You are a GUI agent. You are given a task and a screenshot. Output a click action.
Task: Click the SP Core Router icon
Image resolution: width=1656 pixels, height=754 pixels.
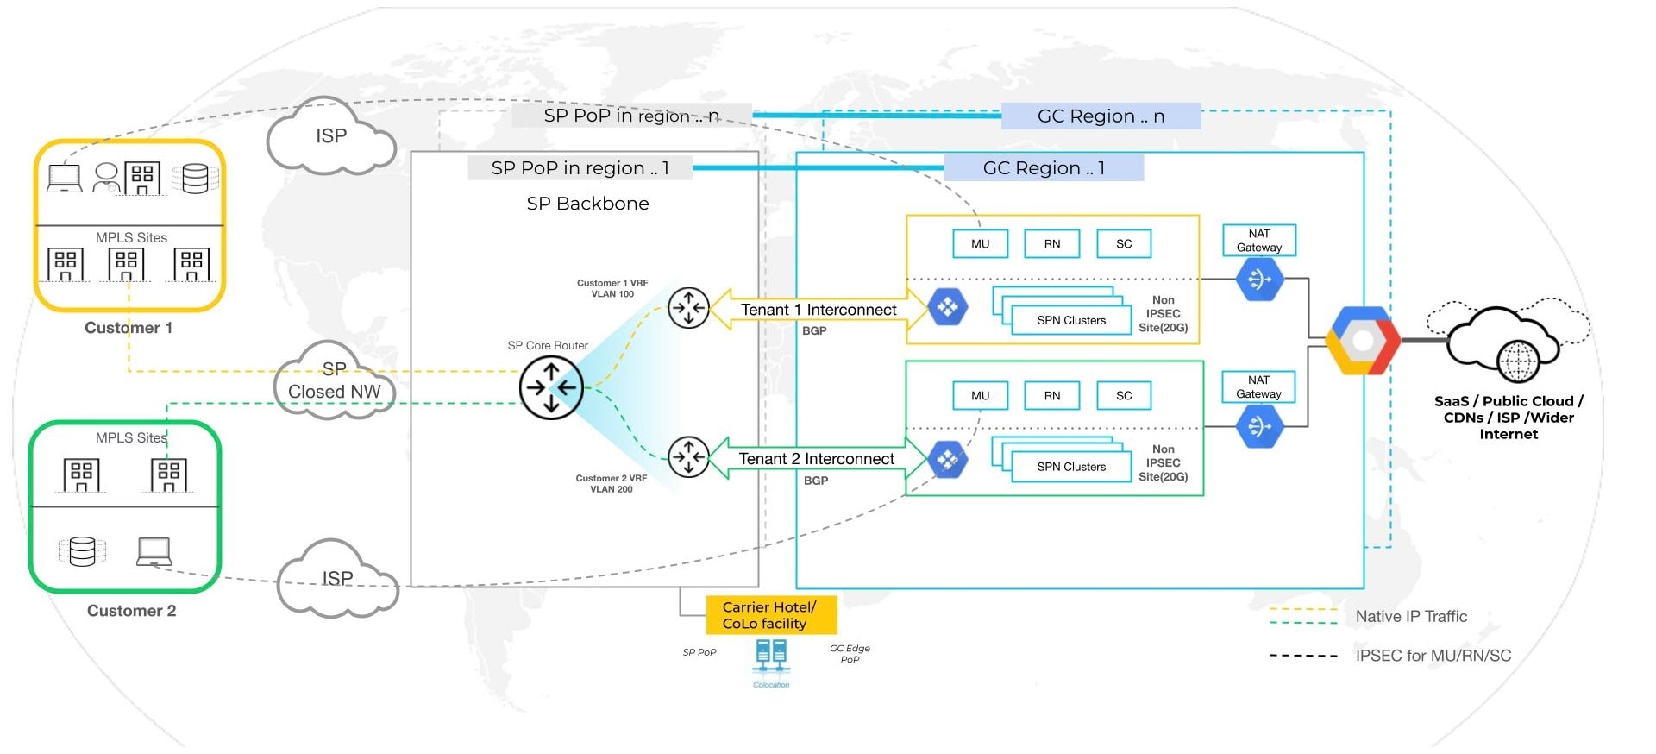coord(551,388)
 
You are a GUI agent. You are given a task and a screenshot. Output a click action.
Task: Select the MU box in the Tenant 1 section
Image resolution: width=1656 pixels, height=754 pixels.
coord(980,244)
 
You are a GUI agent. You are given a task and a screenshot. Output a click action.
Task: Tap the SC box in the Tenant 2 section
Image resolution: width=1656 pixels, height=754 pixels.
coord(1124,396)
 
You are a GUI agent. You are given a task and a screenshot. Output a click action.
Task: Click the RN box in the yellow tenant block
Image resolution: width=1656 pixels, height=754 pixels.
coord(1052,244)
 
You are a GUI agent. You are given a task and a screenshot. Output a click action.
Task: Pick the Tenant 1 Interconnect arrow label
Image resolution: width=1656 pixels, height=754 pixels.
coord(818,310)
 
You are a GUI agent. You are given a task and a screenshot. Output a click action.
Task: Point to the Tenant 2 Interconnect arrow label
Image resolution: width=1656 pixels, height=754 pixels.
coord(817,459)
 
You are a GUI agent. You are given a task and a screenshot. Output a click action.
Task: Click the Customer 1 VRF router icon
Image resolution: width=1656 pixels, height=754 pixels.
coord(688,308)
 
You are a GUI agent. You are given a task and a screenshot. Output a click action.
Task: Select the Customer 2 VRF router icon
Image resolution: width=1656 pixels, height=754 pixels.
coord(688,457)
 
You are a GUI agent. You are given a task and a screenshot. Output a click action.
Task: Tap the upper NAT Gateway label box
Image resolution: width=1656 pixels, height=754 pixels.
coord(1259,241)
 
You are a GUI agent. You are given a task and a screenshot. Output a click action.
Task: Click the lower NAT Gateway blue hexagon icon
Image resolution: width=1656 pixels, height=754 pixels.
coord(1259,426)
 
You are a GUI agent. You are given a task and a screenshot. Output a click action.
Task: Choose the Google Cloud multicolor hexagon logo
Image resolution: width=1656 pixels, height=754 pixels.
coord(1363,341)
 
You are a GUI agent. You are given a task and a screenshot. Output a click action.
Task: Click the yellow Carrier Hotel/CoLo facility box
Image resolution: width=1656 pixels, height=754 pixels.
coord(771,615)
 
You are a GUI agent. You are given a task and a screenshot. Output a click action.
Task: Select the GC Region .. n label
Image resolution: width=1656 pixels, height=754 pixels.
coord(1101,116)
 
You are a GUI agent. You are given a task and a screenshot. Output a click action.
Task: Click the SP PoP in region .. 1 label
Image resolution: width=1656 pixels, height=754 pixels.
coord(580,167)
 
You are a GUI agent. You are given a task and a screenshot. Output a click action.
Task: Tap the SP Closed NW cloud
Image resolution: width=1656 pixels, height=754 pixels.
coord(335,381)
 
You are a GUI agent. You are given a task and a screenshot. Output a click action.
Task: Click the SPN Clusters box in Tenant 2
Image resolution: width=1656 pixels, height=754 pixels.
coord(1071,467)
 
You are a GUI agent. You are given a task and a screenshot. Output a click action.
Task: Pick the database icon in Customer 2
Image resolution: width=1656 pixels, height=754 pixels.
coord(82,551)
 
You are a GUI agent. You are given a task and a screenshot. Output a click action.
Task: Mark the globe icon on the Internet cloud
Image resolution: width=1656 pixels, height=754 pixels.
coord(1518,361)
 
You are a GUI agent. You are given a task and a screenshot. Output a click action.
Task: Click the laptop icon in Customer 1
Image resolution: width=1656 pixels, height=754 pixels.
coord(65,179)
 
